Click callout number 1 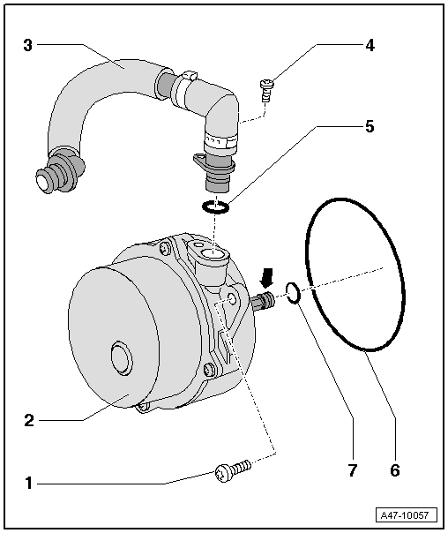(28, 483)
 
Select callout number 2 (28, 421)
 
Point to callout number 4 (370, 44)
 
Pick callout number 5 (370, 126)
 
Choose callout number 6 (394, 470)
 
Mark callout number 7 (351, 470)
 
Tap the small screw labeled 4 (266, 86)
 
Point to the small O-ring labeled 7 (295, 294)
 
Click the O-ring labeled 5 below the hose (216, 207)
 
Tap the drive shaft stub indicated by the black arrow (263, 303)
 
